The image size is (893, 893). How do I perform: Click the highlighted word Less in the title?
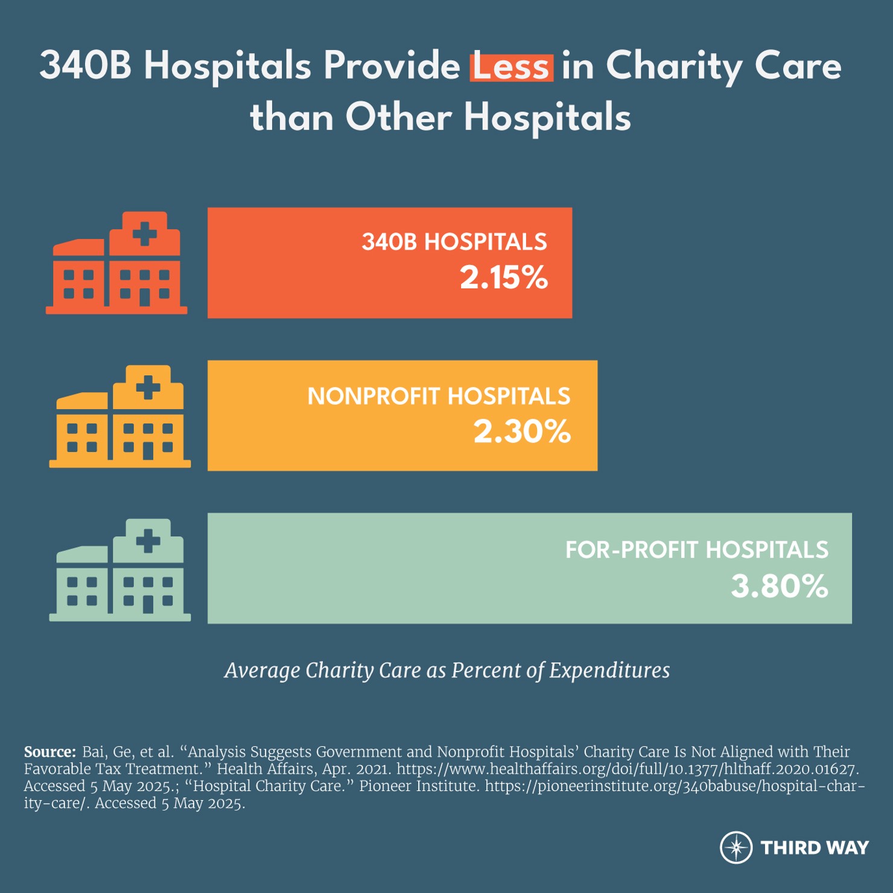click(511, 66)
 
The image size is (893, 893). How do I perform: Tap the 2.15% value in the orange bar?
click(504, 278)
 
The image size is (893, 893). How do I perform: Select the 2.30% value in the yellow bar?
click(522, 431)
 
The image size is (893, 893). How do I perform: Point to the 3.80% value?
click(780, 586)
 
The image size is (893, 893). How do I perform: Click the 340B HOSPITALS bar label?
click(454, 242)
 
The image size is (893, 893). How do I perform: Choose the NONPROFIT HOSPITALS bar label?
click(439, 396)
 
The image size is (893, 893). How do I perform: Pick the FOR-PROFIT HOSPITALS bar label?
click(696, 550)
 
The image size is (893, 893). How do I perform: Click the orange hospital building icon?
click(116, 264)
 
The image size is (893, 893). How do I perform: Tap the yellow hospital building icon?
click(119, 417)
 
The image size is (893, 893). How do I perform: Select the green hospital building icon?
click(119, 571)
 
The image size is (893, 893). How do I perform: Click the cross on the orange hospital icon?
click(145, 234)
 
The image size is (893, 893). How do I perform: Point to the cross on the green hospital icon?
click(148, 541)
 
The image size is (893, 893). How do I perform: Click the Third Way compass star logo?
click(736, 847)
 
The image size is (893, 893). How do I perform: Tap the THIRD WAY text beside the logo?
click(814, 848)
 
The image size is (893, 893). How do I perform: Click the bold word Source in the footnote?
click(49, 752)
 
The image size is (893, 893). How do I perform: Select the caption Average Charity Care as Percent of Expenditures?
click(446, 670)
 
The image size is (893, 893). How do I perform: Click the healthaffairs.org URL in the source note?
click(627, 769)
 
